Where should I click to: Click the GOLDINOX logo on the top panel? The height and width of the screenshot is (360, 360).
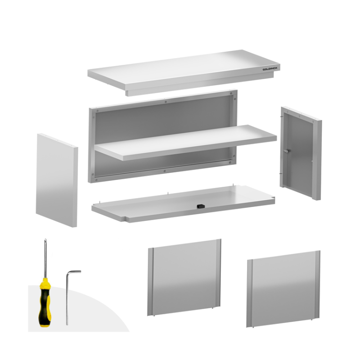(270, 69)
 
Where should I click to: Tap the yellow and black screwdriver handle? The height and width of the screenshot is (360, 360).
(45, 302)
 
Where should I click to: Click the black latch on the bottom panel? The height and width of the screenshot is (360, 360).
(201, 206)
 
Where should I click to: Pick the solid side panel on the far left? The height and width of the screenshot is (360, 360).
(57, 180)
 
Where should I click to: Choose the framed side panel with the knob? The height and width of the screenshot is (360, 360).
(301, 153)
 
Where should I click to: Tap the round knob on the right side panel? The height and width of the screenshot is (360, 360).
(287, 151)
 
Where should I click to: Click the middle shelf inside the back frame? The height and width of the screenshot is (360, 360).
(185, 142)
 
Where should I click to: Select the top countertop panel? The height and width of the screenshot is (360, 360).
(184, 72)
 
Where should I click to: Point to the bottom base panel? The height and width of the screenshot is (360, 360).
(183, 204)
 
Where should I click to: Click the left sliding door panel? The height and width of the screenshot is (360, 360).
(184, 277)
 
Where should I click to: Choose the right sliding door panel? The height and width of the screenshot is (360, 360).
(283, 289)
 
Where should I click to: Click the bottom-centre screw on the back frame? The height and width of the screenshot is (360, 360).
(164, 171)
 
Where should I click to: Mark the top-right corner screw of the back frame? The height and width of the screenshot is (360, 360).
(231, 94)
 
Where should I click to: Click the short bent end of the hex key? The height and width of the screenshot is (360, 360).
(74, 272)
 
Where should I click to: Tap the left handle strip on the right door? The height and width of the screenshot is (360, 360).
(250, 293)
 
